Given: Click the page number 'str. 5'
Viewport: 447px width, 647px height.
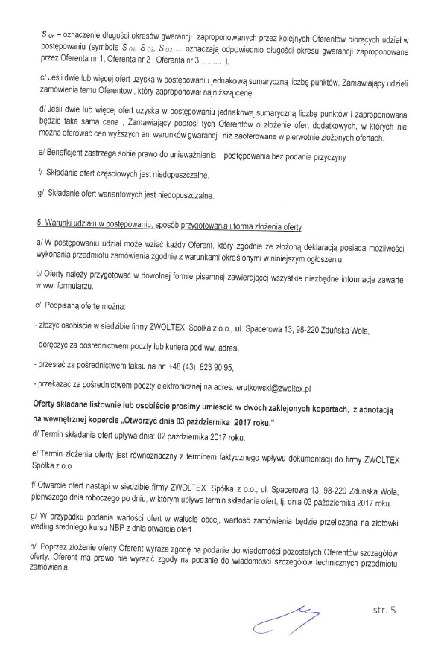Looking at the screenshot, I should (x=384, y=610).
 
